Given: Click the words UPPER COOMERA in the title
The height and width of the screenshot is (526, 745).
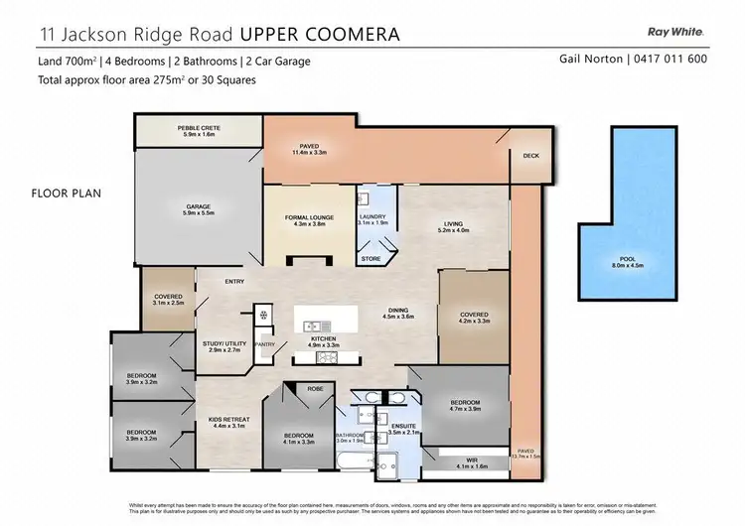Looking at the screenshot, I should (x=320, y=34).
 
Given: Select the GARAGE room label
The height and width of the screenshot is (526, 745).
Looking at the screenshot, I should (x=197, y=207).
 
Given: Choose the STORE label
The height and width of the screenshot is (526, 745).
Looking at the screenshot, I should (x=371, y=259).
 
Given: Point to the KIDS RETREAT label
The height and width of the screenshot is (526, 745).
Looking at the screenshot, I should (x=227, y=420).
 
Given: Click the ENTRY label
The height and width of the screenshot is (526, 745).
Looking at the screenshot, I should (x=234, y=282).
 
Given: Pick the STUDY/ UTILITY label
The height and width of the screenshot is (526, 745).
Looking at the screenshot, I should (x=222, y=344).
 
